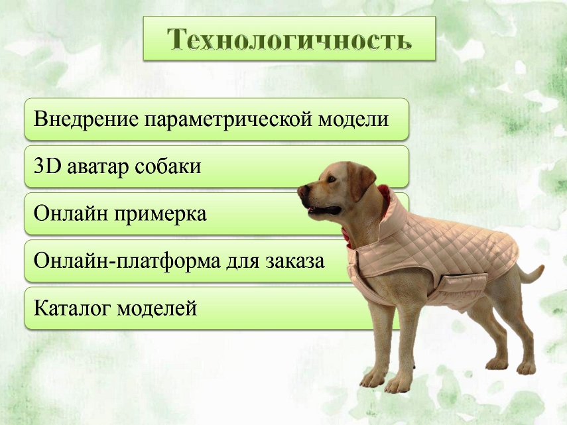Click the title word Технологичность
(x=289, y=38)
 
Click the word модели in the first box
(x=353, y=119)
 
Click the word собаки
(x=168, y=166)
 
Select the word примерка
(x=160, y=214)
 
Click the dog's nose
(x=302, y=190)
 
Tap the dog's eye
(x=330, y=178)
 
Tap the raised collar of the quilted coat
(x=393, y=213)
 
